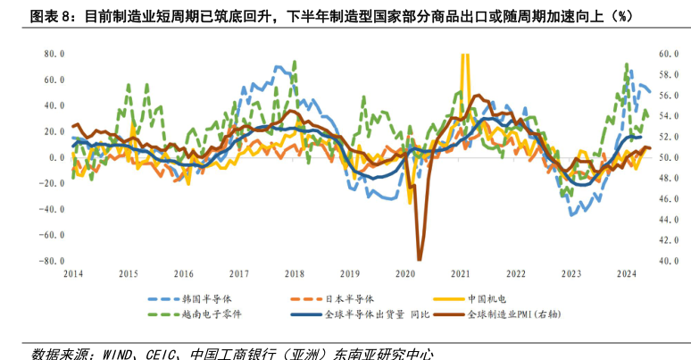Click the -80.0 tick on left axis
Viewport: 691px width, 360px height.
(52, 262)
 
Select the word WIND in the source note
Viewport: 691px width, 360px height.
(118, 353)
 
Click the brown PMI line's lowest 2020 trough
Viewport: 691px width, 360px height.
(419, 259)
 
